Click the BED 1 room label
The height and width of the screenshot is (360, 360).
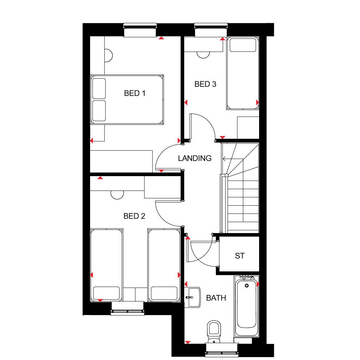[x=135, y=93]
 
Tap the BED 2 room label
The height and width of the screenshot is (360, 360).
[x=134, y=216]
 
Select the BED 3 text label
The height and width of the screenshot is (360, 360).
[x=205, y=84]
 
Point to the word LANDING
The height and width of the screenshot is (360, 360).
[x=195, y=158]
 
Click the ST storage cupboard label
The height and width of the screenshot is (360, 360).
[x=240, y=256]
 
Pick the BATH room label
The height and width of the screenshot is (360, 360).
[x=216, y=298]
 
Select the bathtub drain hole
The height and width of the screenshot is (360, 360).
[x=246, y=286]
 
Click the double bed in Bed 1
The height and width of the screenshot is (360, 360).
[x=127, y=99]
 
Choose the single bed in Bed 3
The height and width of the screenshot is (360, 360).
[x=243, y=73]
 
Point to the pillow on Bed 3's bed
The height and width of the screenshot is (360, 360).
[x=243, y=45]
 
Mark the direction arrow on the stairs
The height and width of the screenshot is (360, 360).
[x=233, y=159]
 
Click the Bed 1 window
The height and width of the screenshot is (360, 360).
[x=140, y=30]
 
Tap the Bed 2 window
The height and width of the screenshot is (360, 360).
[x=128, y=308]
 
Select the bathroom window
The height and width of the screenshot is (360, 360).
[x=222, y=350]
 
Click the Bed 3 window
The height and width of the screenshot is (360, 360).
[x=211, y=30]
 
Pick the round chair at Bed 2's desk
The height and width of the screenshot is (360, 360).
[x=117, y=195]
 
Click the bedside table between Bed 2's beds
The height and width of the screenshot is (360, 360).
[x=135, y=294]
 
